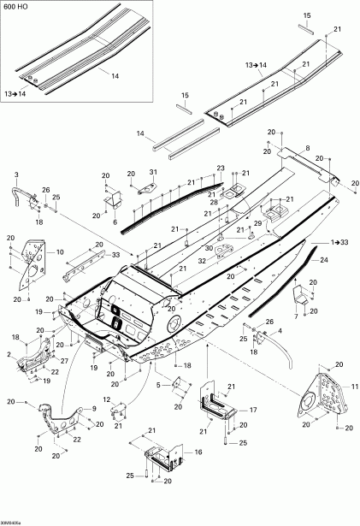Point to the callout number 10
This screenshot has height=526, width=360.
[60, 252]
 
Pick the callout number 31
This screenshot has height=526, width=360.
[154, 173]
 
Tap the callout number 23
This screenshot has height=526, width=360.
[220, 168]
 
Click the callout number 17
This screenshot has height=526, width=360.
[253, 411]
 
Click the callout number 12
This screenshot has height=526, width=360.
[107, 400]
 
